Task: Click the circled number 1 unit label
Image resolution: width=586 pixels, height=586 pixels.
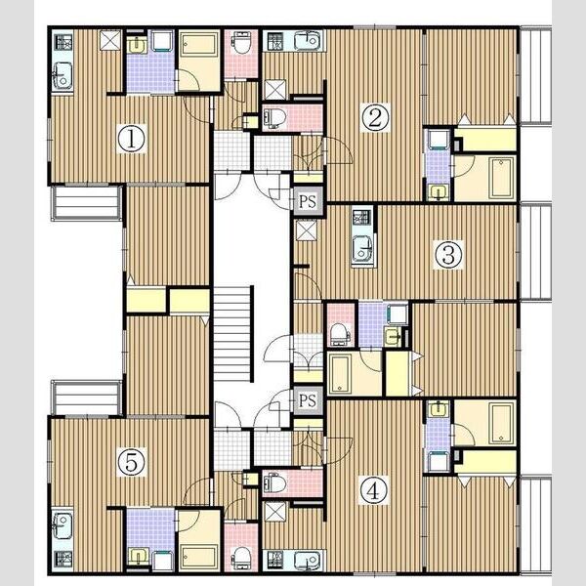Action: (x=131, y=139)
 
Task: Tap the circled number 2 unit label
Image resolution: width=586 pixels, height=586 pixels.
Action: (x=375, y=117)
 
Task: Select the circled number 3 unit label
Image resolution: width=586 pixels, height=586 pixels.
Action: (x=448, y=255)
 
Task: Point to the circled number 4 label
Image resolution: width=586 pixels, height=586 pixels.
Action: (x=373, y=490)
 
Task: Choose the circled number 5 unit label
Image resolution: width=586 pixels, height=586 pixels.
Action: (x=131, y=462)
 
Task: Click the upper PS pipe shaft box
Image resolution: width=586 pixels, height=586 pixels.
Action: (x=308, y=202)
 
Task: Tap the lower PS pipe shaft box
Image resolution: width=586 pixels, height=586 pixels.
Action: (x=308, y=401)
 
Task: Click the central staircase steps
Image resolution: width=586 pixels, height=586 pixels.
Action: (x=232, y=334)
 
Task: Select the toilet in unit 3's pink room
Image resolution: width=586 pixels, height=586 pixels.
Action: (x=340, y=333)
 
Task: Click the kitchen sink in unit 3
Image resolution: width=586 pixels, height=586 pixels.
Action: (x=362, y=248)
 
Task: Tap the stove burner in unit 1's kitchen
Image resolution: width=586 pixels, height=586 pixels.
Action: (x=63, y=42)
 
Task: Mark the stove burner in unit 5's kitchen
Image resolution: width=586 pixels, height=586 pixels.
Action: (x=63, y=559)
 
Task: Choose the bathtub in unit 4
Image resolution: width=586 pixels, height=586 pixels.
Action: (x=501, y=423)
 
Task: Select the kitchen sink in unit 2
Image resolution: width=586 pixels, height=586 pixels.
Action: (x=308, y=40)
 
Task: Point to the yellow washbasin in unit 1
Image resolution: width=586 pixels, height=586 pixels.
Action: (x=137, y=45)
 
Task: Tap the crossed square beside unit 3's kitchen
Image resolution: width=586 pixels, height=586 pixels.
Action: (x=306, y=230)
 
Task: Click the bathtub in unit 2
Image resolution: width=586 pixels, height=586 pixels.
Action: (x=501, y=178)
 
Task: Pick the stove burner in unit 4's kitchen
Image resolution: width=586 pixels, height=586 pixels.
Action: (x=275, y=559)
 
